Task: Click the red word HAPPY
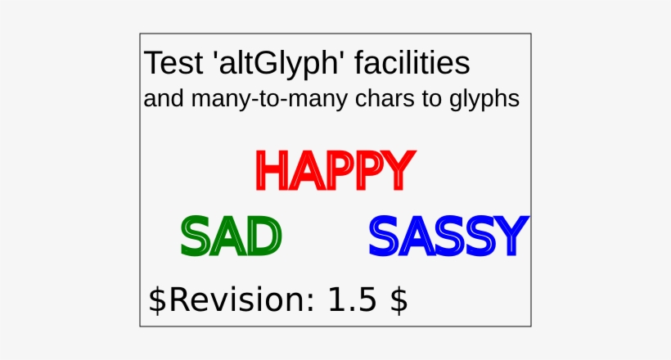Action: (x=331, y=169)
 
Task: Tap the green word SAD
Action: (x=231, y=236)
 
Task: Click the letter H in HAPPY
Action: (x=271, y=169)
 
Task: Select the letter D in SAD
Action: (x=264, y=236)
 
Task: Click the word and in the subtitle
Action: (x=164, y=99)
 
